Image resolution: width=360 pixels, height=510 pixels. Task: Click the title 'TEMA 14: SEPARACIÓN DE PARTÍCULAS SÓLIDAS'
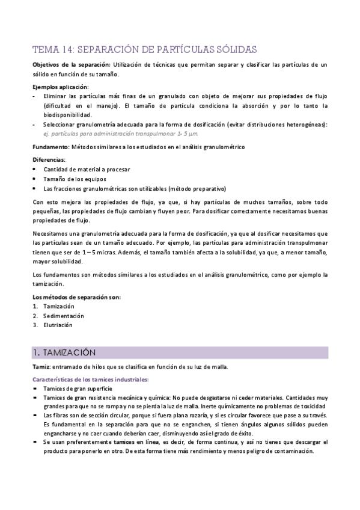coord(145,49)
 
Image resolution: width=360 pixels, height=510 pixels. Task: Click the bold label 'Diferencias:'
coord(49,159)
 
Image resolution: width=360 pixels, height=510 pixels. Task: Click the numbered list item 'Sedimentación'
coord(64,316)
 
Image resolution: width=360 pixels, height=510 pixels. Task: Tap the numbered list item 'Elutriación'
coord(58,325)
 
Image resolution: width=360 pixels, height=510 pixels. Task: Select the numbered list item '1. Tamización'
coord(58,306)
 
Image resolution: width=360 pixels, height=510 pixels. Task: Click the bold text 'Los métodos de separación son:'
coord(76,296)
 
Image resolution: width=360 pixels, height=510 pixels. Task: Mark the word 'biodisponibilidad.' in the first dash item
coord(67,114)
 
